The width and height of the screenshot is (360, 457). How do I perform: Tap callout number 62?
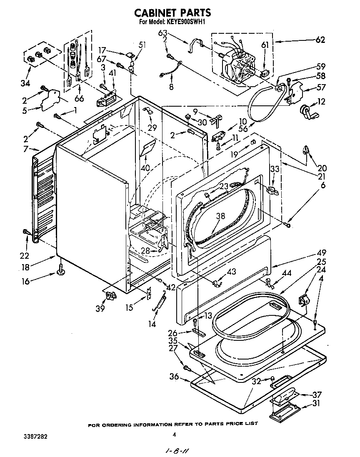click(x=320, y=40)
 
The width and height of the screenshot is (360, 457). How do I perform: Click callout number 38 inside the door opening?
click(x=220, y=216)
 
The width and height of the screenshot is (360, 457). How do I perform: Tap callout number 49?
click(x=321, y=253)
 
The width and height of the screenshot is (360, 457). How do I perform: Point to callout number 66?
click(x=79, y=99)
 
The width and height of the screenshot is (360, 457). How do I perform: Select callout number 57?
click(x=320, y=87)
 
